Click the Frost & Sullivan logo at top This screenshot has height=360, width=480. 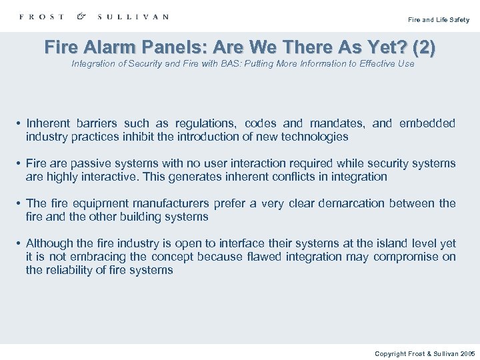[x=94, y=17]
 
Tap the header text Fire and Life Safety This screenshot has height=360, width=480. [x=439, y=20]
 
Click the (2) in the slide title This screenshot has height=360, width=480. [x=424, y=47]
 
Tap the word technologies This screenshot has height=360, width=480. [x=315, y=137]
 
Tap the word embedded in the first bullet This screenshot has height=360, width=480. [x=428, y=123]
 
